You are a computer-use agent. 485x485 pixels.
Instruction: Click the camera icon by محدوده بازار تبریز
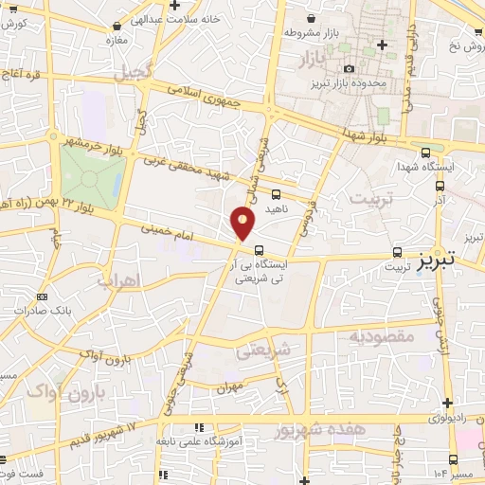(x=350, y=69)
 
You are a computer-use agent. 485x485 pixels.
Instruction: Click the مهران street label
(x=229, y=387)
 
